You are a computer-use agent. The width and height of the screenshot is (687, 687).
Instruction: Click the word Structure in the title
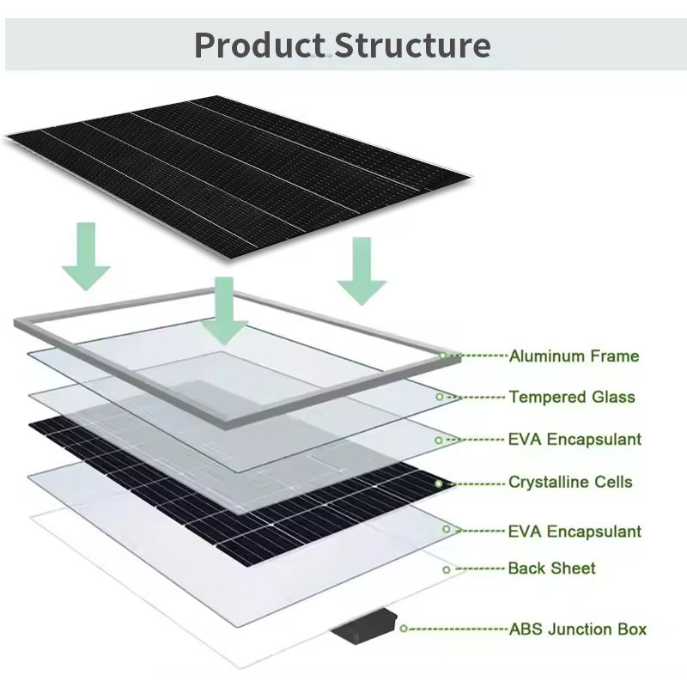click(x=413, y=45)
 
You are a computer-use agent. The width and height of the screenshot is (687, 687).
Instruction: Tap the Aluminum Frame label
click(x=574, y=356)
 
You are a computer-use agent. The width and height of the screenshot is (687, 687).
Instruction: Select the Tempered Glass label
click(x=572, y=397)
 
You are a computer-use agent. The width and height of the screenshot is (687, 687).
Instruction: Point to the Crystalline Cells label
click(x=570, y=482)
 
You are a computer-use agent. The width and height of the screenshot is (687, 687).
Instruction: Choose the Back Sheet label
click(x=551, y=568)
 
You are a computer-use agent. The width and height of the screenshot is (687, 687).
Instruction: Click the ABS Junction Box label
click(x=578, y=629)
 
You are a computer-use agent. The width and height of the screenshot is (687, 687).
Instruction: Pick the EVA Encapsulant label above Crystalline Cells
click(x=575, y=439)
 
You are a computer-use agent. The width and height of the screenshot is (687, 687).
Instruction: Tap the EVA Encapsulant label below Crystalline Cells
click(x=575, y=532)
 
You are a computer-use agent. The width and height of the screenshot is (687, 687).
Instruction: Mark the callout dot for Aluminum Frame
click(x=443, y=355)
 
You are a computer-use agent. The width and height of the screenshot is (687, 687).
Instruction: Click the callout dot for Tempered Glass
click(x=440, y=397)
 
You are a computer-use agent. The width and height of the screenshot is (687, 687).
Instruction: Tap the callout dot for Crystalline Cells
click(x=439, y=483)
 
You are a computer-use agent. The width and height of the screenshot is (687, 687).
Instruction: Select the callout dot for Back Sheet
click(x=447, y=569)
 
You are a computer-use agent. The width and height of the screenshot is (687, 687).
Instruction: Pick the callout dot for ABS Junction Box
click(x=404, y=629)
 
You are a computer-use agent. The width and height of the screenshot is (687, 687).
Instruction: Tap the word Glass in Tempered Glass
click(x=613, y=397)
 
